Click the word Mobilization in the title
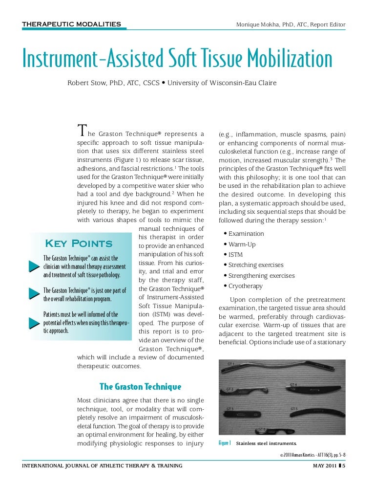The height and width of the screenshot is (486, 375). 290,59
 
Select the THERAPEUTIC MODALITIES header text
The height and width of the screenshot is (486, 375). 72,23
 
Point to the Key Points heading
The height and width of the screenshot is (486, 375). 78,243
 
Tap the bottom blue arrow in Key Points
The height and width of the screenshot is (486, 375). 33,322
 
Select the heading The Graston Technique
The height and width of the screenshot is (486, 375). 140,387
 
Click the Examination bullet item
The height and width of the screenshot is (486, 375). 246,234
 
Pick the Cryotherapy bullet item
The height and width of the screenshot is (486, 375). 245,286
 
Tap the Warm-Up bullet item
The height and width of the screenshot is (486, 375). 242,244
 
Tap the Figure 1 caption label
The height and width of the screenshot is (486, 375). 225,444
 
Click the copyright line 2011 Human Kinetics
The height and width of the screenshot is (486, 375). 312,455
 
